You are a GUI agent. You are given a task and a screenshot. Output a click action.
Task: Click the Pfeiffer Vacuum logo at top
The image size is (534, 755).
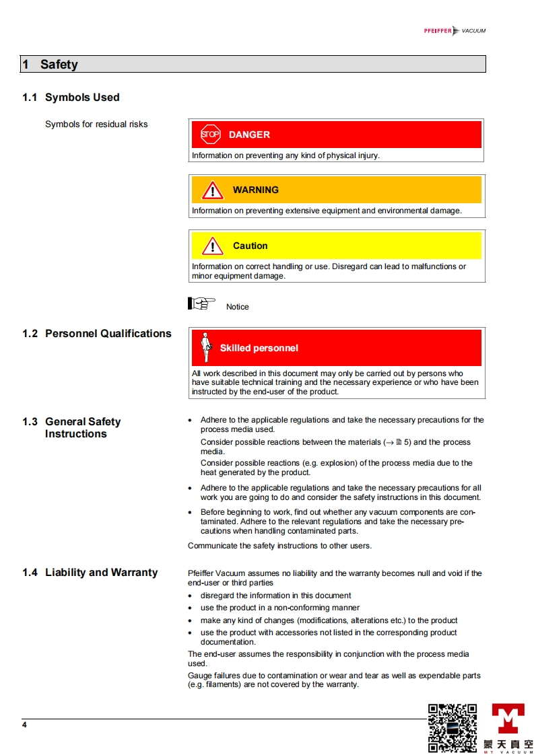(x=455, y=31)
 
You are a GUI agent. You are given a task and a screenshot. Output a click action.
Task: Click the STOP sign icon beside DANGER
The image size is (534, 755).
(x=210, y=135)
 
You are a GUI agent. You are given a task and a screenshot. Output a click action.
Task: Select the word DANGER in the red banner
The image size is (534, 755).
(x=249, y=135)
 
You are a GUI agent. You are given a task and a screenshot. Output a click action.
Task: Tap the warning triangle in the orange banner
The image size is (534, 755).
(x=213, y=190)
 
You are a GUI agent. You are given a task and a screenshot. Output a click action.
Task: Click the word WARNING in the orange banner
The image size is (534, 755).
(x=255, y=190)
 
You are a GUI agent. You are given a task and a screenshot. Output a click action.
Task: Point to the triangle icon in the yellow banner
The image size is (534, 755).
(x=213, y=246)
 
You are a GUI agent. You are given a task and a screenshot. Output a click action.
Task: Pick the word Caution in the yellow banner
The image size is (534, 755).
(x=250, y=246)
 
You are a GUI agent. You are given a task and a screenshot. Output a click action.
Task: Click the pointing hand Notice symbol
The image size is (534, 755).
(x=201, y=303)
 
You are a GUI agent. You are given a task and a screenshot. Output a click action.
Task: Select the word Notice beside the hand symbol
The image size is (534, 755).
(x=238, y=307)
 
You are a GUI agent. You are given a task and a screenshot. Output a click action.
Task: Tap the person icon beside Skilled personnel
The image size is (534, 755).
(x=207, y=347)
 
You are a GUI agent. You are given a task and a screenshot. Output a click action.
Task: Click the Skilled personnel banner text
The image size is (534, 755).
(x=259, y=349)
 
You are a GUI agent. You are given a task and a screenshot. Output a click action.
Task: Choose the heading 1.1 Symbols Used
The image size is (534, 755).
(x=71, y=98)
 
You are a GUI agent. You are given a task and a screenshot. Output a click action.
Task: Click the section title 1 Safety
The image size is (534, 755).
(x=51, y=65)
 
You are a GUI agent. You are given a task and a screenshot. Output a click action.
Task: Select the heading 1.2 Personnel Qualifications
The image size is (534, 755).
(x=97, y=334)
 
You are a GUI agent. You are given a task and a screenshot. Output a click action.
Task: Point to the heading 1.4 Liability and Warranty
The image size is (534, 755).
(x=90, y=573)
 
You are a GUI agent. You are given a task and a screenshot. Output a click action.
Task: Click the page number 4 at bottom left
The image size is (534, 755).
(x=24, y=725)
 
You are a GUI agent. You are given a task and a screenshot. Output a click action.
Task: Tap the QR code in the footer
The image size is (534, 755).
(x=453, y=727)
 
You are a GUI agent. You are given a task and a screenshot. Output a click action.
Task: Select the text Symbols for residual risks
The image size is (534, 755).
(x=96, y=124)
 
